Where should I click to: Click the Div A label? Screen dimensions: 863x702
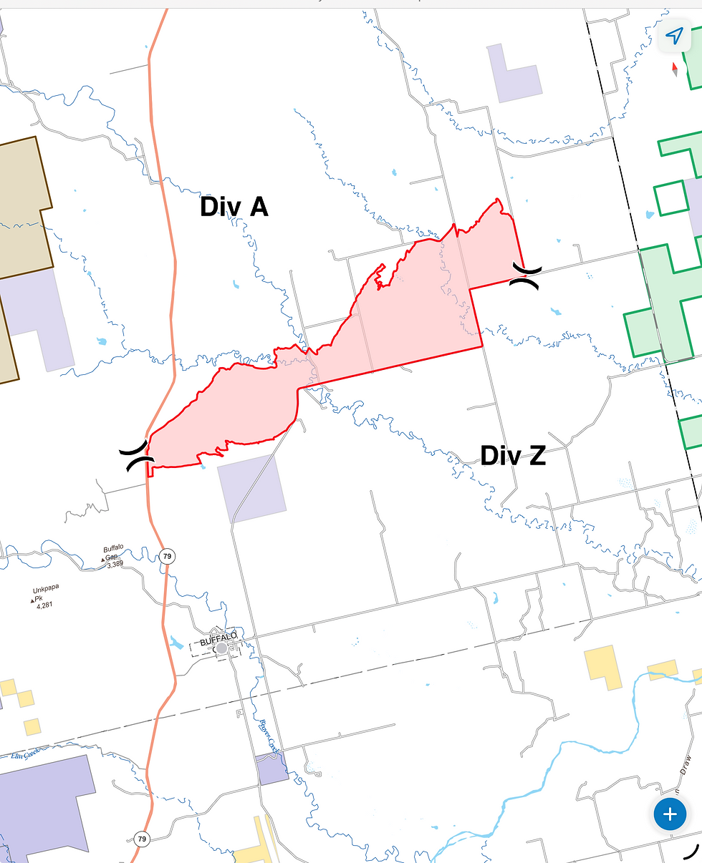coord(234,207)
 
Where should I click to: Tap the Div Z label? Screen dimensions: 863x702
coord(513,455)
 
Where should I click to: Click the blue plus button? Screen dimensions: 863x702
coord(670,814)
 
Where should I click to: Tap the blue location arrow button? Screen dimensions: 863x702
coord(674,36)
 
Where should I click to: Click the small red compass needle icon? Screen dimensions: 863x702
coord(674,69)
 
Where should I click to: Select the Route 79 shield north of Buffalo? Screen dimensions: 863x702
coord(167,556)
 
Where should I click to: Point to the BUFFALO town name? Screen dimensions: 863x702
coord(218,635)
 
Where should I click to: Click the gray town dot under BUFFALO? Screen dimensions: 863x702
coord(221,648)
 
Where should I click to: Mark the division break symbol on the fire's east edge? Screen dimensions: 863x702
coord(526,275)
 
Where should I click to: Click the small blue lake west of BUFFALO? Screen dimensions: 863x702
coord(176,642)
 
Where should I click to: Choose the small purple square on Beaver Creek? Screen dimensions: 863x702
coord(272,768)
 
